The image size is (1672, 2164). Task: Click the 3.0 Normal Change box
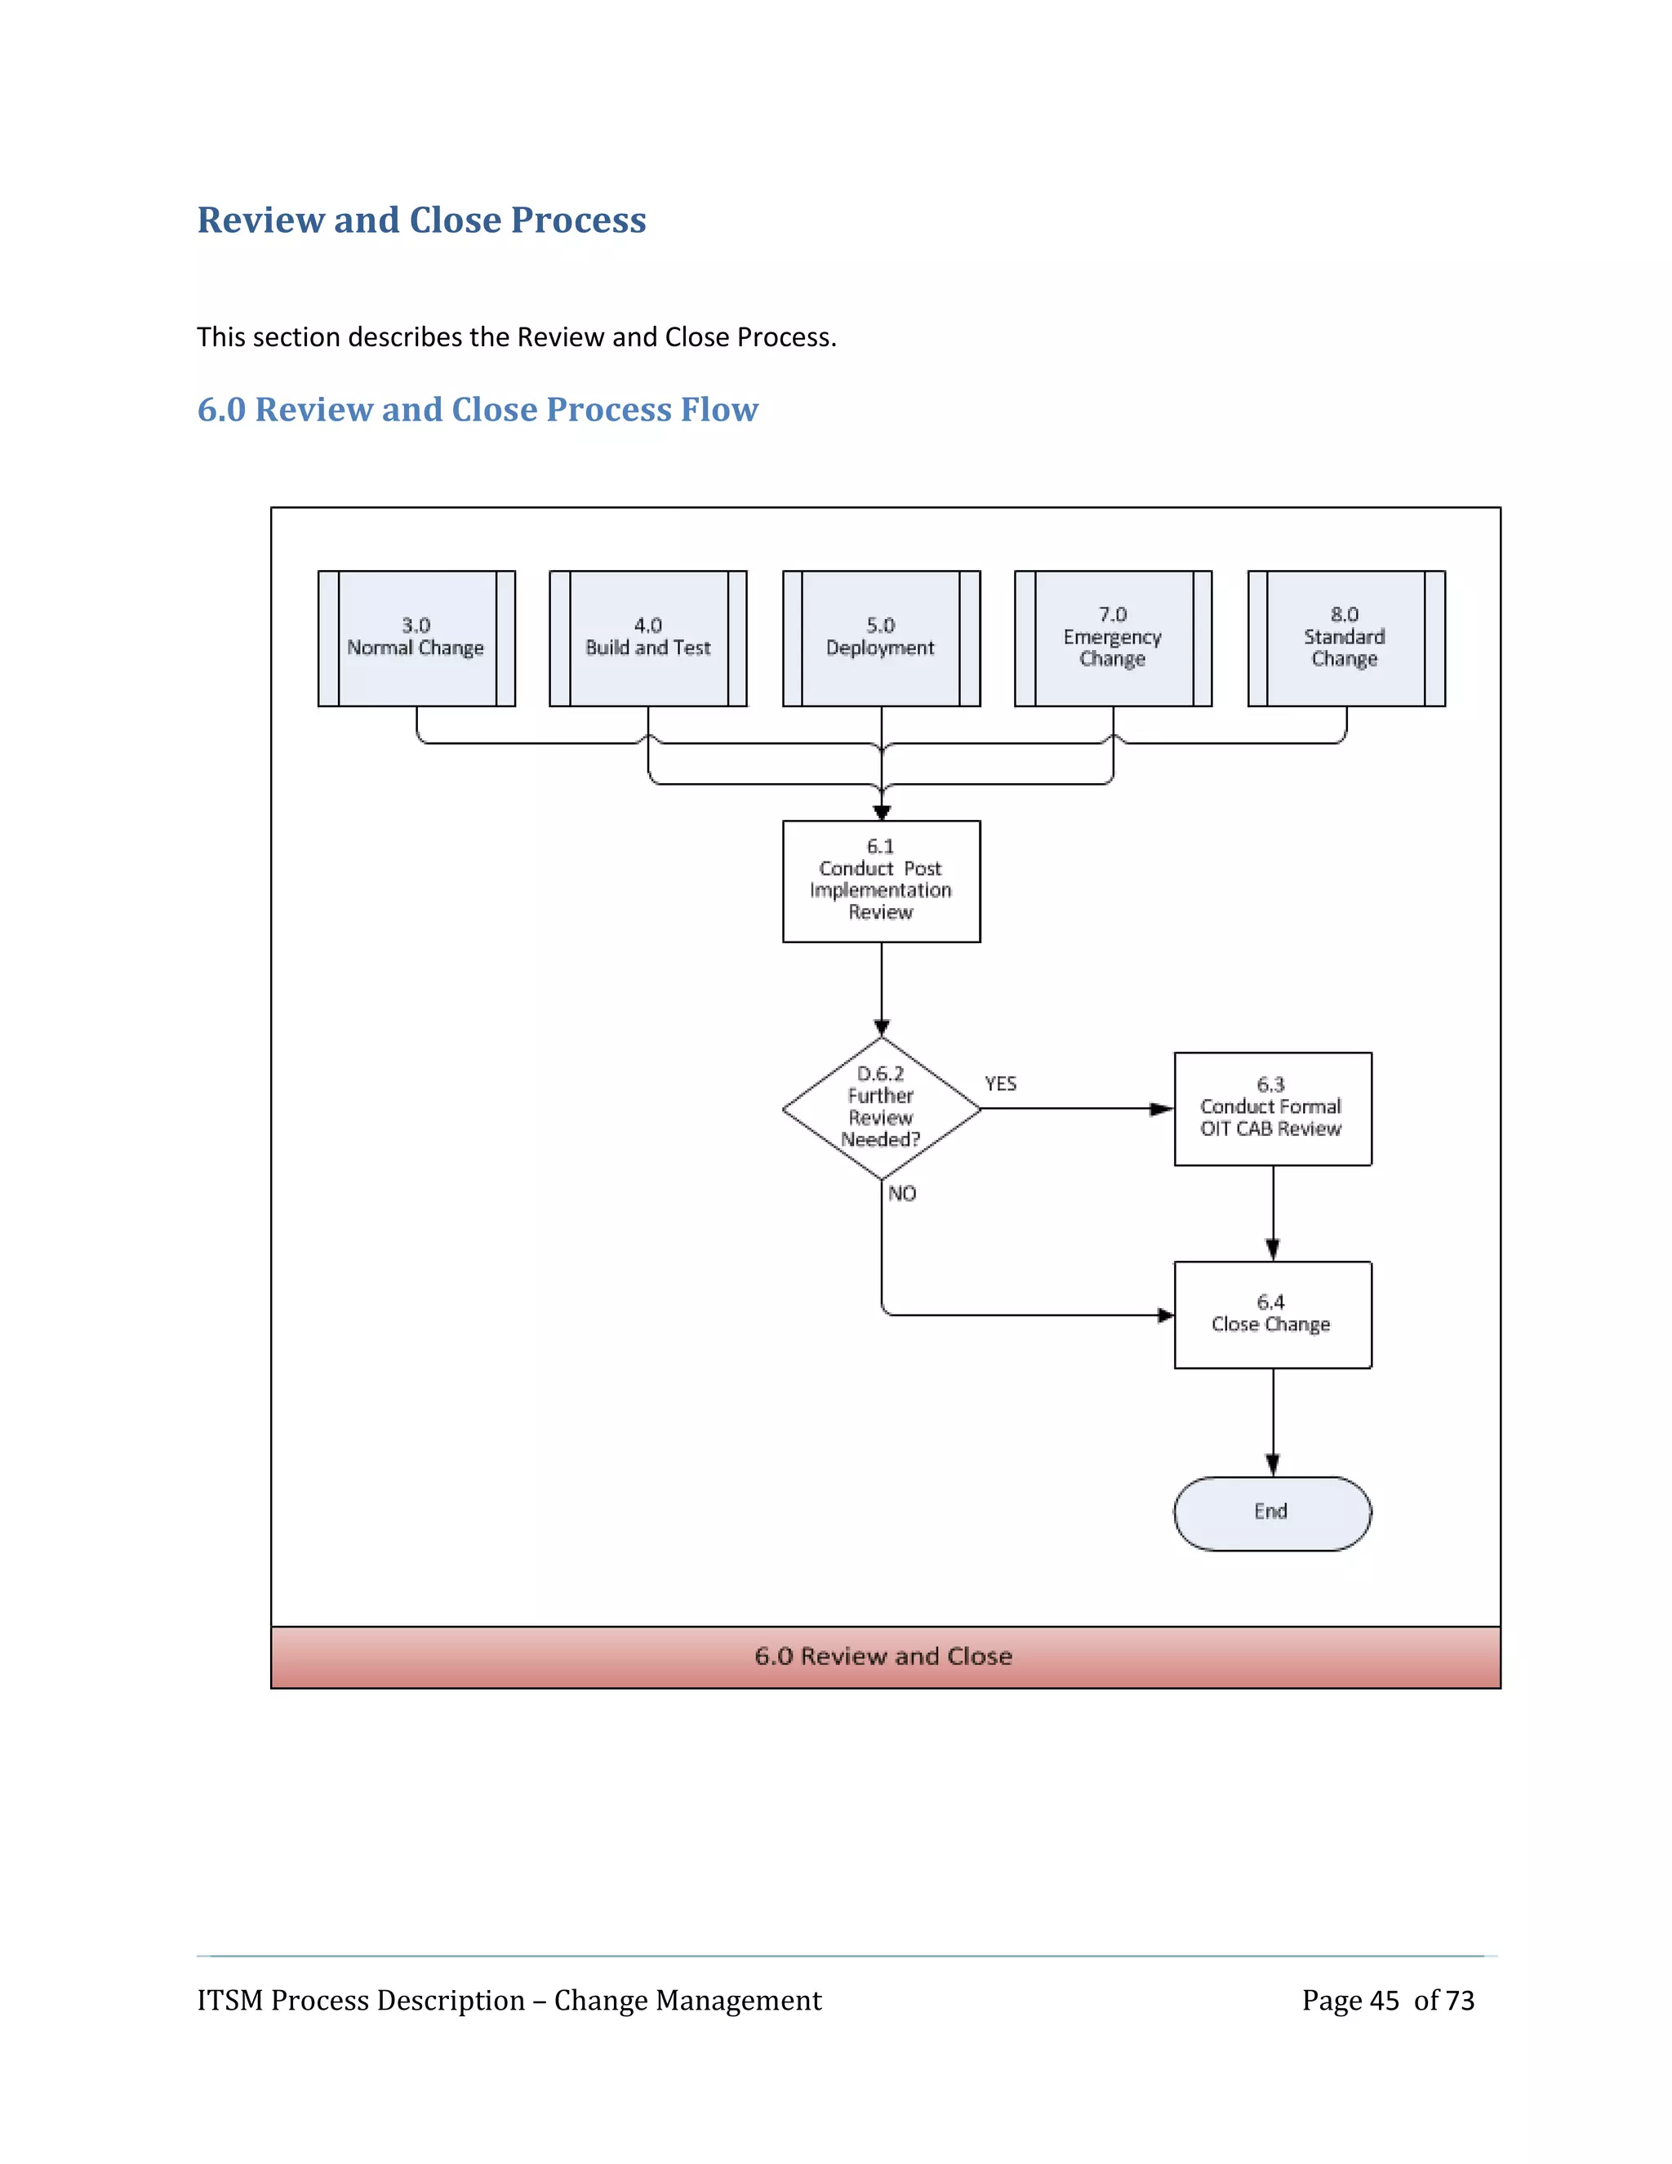pos(416,637)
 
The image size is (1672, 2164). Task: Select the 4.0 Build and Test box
pos(647,637)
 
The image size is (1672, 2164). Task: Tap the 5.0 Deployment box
pos(881,637)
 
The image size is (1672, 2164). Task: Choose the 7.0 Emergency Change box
pos(1113,637)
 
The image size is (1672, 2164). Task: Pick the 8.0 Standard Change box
pos(1345,637)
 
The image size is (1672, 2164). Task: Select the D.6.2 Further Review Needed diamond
pos(881,1108)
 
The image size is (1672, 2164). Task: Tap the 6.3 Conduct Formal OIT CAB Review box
pos(1272,1108)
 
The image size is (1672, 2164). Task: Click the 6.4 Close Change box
pos(1272,1314)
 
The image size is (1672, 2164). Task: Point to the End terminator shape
pos(1272,1512)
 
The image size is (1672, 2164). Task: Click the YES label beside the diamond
pos(1000,1083)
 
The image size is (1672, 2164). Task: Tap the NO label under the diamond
pos(901,1193)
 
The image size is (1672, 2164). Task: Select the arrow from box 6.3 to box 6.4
pos(1273,1213)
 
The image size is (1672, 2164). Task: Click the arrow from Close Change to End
pos(1273,1422)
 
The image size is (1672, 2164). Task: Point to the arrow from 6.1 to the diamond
pos(882,988)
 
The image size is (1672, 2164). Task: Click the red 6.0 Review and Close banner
pos(884,1656)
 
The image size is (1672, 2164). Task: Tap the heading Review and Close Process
pos(421,220)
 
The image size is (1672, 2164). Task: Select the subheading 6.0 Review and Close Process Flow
pos(478,409)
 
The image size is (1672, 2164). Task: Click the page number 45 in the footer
pos(1384,2000)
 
